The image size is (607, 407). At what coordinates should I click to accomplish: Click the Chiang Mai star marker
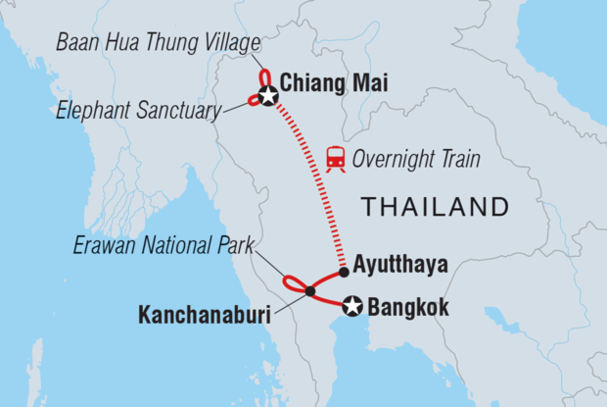[x=267, y=96]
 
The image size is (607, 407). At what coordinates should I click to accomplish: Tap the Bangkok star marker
[x=352, y=308]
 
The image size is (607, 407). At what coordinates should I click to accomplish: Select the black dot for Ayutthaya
[x=344, y=272]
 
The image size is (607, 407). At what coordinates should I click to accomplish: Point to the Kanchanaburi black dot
[x=309, y=291]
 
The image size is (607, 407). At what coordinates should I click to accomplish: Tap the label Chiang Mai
[x=334, y=85]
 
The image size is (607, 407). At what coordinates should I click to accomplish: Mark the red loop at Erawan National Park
[x=291, y=283]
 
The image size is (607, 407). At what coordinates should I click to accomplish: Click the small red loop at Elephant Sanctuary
[x=254, y=100]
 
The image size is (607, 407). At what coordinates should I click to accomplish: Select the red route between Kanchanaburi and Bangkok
[x=331, y=299]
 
